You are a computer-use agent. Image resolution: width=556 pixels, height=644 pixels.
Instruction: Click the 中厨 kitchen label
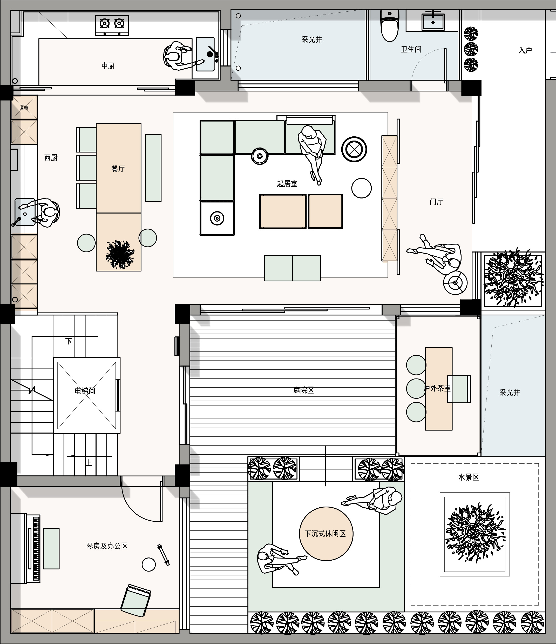108,66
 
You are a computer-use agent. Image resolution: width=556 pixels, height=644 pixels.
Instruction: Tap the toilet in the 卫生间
390,25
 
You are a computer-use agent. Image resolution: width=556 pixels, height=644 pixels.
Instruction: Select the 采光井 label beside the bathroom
311,39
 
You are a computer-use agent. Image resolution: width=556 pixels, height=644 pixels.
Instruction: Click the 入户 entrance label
525,50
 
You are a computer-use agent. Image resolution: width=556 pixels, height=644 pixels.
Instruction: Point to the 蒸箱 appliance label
24,108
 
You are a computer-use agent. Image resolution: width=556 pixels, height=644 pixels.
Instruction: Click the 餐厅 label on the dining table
118,169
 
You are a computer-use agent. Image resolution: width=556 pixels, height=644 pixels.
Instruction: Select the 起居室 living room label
287,184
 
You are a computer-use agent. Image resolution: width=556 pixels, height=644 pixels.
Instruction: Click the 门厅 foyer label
436,202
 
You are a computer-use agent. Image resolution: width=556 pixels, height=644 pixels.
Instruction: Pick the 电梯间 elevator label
85,391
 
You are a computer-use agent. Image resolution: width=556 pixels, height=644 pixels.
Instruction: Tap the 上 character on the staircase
89,463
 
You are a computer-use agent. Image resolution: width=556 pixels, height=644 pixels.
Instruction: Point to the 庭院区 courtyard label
303,390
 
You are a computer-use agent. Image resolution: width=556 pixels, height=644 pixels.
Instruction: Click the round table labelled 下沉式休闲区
326,534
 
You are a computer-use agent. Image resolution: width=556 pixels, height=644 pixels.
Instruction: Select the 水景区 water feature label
469,477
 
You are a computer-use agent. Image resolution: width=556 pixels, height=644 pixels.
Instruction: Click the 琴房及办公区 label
107,546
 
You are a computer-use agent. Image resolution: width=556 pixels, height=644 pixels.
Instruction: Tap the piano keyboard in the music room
36,549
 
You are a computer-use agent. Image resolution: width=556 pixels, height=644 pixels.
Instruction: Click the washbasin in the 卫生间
433,21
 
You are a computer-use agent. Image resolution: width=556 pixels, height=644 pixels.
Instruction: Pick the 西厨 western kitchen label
51,158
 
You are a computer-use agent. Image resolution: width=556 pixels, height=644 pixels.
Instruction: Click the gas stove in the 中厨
112,25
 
